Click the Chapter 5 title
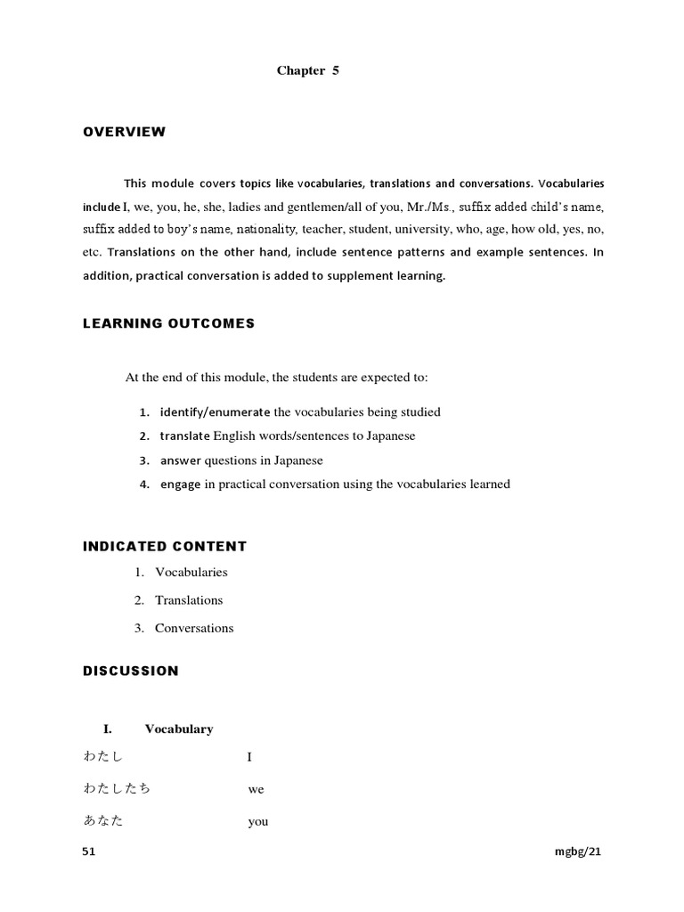pos(307,71)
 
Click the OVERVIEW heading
pos(125,132)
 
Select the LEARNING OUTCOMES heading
pos(168,323)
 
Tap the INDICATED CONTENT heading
pos(165,546)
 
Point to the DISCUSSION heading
pos(131,671)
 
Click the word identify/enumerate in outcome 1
pos(215,411)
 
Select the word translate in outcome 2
pos(185,436)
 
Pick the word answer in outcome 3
pos(181,460)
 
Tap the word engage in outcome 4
pos(182,484)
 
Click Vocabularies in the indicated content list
pos(191,572)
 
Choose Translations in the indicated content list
pos(189,599)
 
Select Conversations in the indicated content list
pos(194,628)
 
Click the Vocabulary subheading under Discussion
pos(179,729)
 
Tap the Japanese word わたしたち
pos(117,789)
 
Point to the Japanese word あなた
pos(103,821)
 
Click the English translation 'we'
pos(256,790)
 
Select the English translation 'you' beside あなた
pos(257,822)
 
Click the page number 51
pos(88,851)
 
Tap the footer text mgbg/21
pos(578,851)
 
